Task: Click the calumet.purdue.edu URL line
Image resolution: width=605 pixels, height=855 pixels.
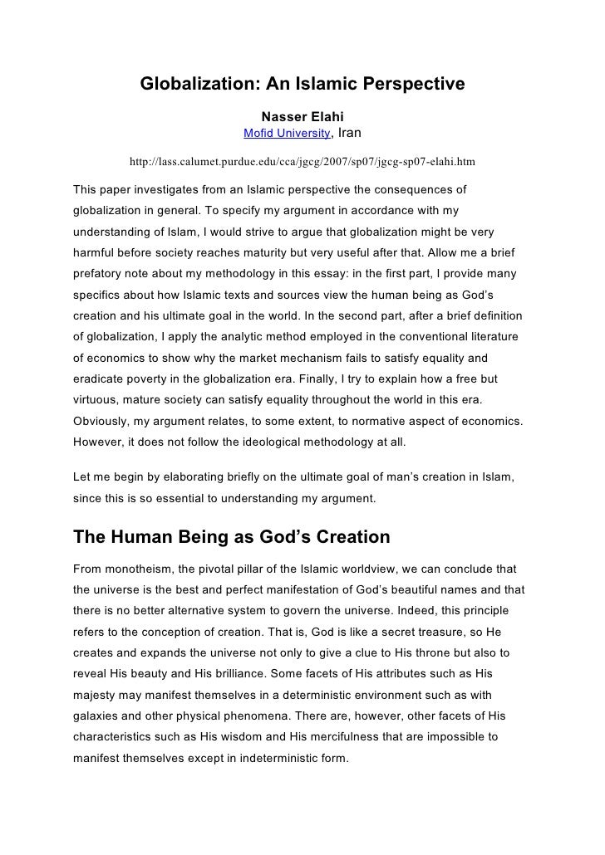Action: [x=302, y=158]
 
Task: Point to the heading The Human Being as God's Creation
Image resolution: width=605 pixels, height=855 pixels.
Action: [x=232, y=537]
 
